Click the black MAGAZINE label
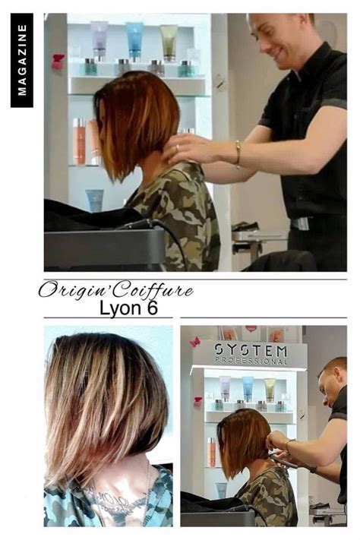pos(22,60)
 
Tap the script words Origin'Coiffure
pos(115,289)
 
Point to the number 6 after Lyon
pos(152,307)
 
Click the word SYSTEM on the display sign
pos(251,350)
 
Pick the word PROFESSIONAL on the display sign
pos(251,362)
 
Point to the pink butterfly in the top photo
pos(58,62)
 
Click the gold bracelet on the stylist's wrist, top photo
pos(238,154)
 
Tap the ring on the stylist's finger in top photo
pos(178,148)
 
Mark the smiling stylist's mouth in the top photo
pos(276,52)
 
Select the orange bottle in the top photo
pos(79,141)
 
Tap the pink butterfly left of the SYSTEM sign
pos(195,342)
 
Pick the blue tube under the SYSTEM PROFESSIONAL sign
pos(248,389)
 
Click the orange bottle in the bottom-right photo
pos(212,451)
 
